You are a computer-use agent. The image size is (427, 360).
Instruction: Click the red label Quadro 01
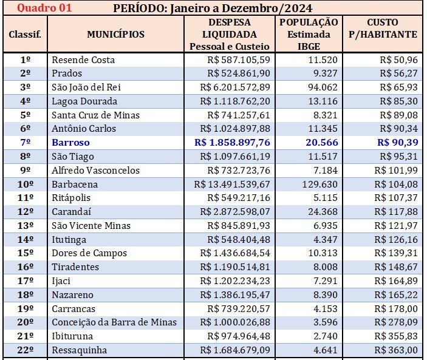[44, 8]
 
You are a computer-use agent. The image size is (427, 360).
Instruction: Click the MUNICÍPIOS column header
[115, 34]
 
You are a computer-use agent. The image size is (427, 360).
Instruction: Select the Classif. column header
[25, 34]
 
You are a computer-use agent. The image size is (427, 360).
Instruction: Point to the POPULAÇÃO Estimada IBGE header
[309, 34]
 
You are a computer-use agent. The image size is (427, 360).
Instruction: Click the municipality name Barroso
[70, 143]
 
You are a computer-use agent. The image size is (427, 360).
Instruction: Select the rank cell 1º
[25, 60]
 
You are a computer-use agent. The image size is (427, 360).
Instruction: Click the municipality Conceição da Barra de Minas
[114, 322]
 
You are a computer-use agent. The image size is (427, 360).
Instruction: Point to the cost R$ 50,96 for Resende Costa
[398, 60]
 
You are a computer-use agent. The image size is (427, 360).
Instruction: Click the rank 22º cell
[25, 350]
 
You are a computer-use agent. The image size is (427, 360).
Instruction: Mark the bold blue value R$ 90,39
[397, 143]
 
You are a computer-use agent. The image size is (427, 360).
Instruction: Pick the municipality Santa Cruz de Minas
[95, 115]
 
